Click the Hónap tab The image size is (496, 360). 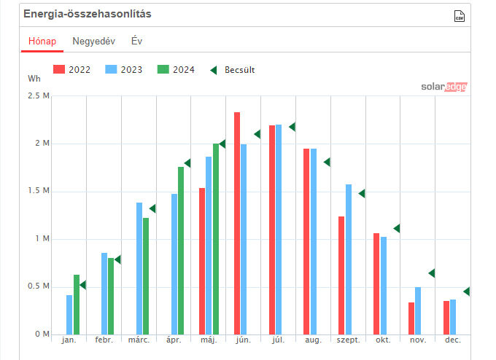[42, 41]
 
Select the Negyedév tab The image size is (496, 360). [93, 41]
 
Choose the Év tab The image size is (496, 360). [136, 41]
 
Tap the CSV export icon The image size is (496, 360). [459, 17]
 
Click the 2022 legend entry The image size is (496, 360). [74, 70]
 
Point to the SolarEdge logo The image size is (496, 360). [443, 87]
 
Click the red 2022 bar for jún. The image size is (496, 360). [237, 223]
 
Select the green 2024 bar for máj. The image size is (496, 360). [216, 239]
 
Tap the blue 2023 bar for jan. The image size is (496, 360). [69, 314]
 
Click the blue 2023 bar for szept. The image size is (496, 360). [349, 259]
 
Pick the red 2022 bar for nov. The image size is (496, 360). [411, 318]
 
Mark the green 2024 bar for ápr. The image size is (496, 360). [181, 251]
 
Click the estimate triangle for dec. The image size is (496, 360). [467, 291]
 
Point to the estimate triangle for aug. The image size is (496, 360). [328, 162]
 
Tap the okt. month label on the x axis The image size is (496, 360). [382, 340]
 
